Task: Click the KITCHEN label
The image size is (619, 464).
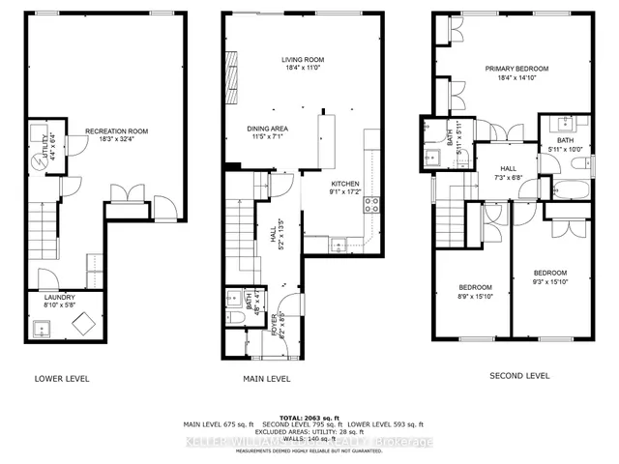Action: (x=345, y=182)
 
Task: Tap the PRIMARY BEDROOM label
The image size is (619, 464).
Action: (x=516, y=70)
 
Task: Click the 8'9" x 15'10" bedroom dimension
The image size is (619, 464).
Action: (x=475, y=297)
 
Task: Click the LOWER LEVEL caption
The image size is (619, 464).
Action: (x=61, y=378)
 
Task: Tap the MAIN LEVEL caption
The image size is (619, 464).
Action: (x=265, y=378)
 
